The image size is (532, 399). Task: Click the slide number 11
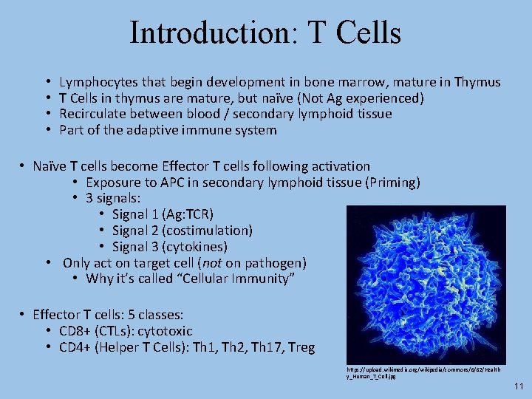517,386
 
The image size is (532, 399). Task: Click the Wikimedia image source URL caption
423,372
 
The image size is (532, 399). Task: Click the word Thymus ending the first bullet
477,82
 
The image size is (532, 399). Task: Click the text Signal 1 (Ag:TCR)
163,214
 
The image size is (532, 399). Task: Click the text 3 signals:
113,198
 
